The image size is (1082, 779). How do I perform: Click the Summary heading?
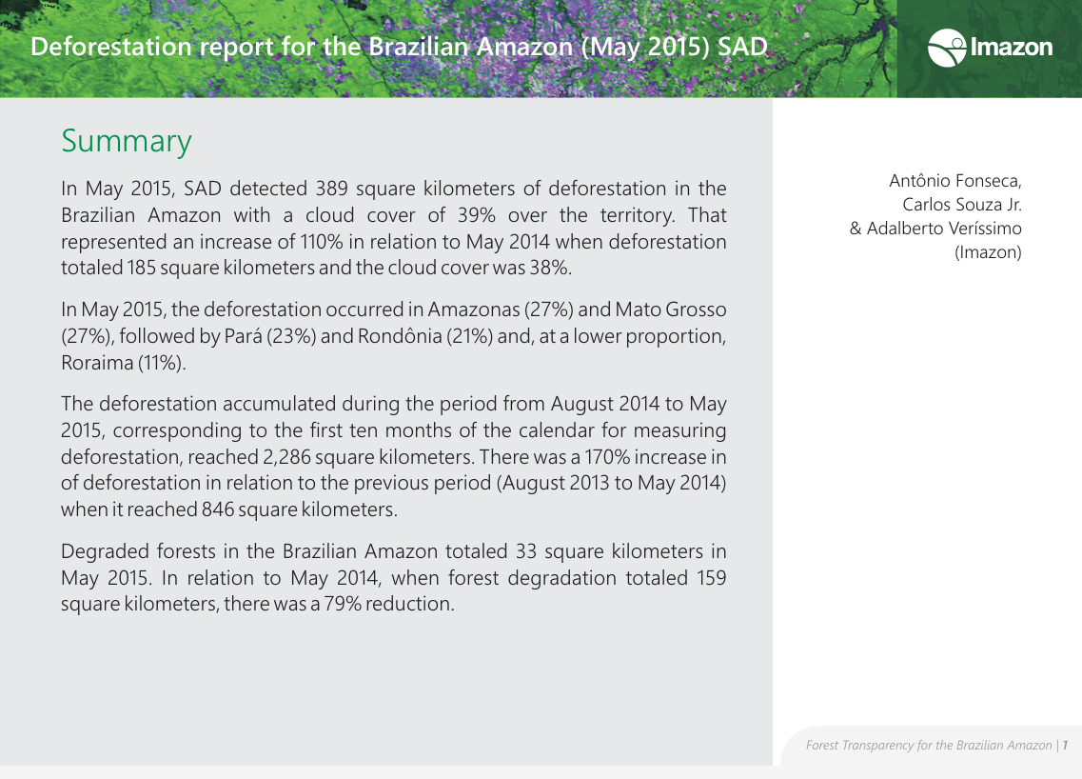pyautogui.click(x=127, y=141)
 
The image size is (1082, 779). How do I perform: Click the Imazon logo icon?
pyautogui.click(x=946, y=48)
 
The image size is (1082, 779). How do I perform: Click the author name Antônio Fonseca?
pyautogui.click(x=954, y=181)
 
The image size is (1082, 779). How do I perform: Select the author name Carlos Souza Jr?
pyautogui.click(x=961, y=205)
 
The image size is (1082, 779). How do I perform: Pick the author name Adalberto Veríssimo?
pyautogui.click(x=944, y=229)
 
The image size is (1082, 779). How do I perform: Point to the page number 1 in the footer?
pyautogui.click(x=1066, y=745)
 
